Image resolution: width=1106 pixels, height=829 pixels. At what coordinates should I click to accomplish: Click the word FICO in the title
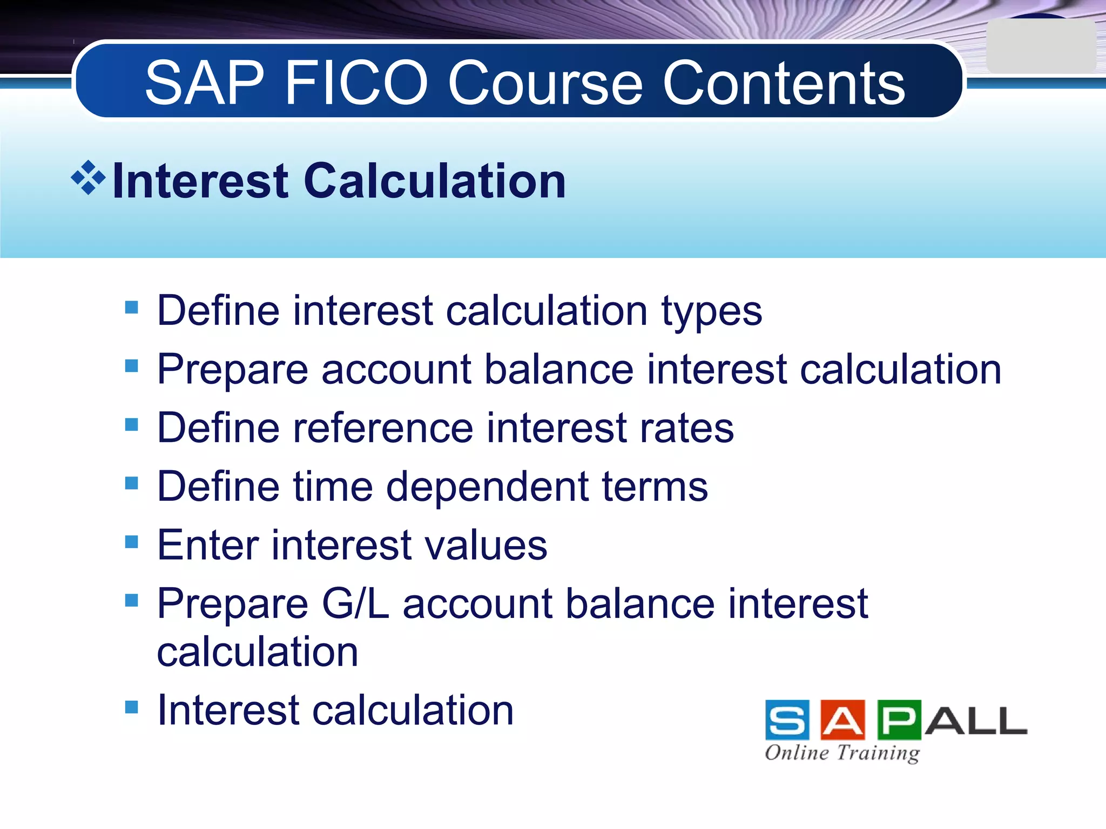click(356, 84)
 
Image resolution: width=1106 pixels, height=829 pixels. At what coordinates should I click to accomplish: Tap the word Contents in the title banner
click(784, 84)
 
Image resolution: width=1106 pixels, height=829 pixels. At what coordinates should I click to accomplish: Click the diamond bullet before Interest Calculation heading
click(88, 178)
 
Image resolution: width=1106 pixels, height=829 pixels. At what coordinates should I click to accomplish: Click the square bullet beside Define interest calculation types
click(131, 308)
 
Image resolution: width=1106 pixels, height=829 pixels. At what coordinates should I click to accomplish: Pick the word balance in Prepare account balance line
click(558, 370)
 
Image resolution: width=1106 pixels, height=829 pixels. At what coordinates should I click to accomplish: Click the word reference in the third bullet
click(383, 428)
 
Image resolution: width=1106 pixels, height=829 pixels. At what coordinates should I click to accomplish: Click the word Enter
click(208, 545)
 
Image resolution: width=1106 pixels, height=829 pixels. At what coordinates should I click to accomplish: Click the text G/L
click(355, 604)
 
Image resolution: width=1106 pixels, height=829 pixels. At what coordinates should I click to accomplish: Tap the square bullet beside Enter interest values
click(131, 541)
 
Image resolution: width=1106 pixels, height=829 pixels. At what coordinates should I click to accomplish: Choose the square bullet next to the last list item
click(131, 706)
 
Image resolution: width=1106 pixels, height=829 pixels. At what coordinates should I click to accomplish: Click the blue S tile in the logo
click(787, 719)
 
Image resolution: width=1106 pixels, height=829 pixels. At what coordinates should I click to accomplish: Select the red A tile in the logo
click(842, 719)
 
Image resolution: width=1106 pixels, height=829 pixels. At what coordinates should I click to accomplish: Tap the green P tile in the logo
click(899, 719)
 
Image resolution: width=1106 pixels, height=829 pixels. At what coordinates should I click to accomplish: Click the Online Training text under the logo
click(842, 752)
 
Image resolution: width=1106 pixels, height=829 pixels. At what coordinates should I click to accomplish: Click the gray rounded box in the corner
click(1041, 46)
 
